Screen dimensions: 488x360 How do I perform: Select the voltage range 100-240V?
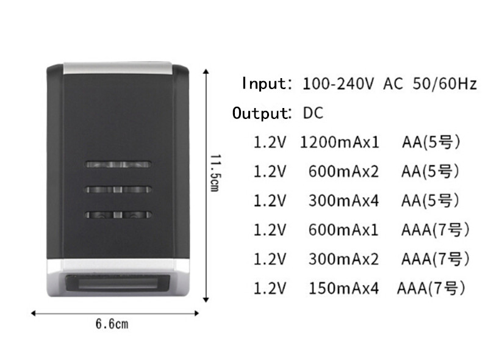tap(338, 84)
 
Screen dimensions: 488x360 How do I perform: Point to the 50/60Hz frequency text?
tap(445, 84)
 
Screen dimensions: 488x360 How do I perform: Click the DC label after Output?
tap(313, 113)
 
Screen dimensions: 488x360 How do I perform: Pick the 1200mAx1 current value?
tap(340, 142)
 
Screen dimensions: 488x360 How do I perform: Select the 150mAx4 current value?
tap(343, 288)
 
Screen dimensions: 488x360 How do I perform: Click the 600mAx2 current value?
tap(343, 171)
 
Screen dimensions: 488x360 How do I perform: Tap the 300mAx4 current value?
tap(343, 201)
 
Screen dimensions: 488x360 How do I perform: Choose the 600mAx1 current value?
tap(343, 230)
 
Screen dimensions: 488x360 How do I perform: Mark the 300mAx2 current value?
tap(343, 259)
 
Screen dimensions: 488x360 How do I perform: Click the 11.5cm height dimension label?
tap(215, 173)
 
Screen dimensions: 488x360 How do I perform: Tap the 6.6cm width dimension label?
tap(112, 324)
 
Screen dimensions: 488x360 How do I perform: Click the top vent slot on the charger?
tap(118, 164)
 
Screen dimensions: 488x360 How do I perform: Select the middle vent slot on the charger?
tap(118, 189)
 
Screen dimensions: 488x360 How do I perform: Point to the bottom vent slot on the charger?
tap(118, 215)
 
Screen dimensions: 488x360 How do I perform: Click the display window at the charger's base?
tap(118, 283)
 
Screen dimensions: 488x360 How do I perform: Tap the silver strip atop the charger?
tap(118, 68)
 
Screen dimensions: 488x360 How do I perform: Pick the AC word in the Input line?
tap(393, 84)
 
